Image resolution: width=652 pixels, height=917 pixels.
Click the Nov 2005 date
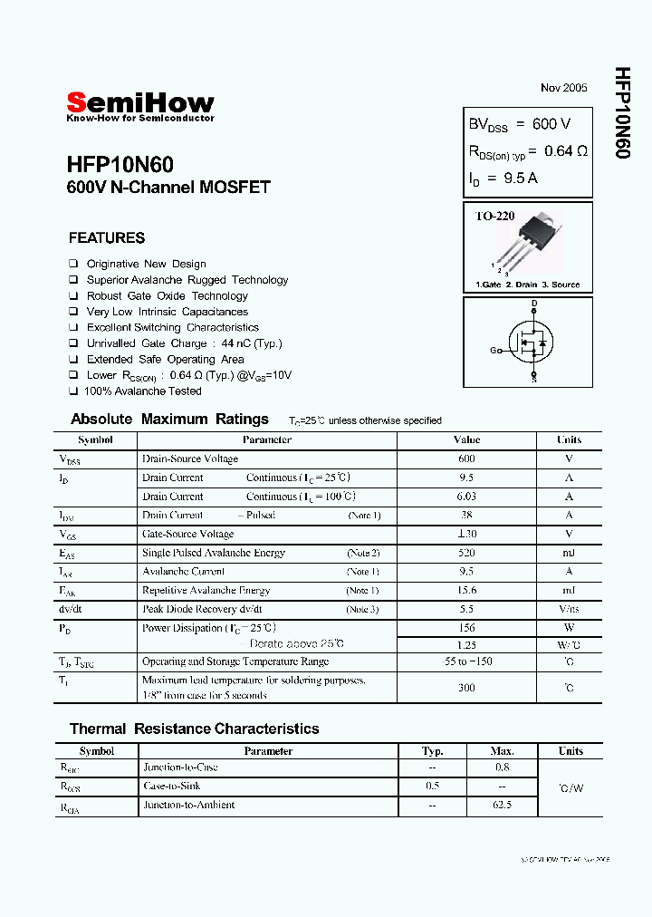pyautogui.click(x=563, y=88)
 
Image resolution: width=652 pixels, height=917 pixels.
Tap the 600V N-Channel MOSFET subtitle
pyautogui.click(x=168, y=188)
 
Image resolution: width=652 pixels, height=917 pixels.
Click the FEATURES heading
pyautogui.click(x=106, y=238)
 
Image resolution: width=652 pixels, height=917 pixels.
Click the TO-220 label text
pyautogui.click(x=495, y=217)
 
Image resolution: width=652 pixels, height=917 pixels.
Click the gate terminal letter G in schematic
pyautogui.click(x=494, y=350)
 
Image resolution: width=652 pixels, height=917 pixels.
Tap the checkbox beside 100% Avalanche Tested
pyautogui.click(x=73, y=391)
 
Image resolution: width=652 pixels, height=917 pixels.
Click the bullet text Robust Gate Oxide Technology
pyautogui.click(x=167, y=296)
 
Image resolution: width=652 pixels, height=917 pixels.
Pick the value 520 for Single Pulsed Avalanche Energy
pyautogui.click(x=466, y=553)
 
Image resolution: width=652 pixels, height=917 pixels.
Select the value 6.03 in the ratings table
pyautogui.click(x=466, y=497)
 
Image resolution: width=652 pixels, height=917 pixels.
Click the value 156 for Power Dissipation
pyautogui.click(x=466, y=628)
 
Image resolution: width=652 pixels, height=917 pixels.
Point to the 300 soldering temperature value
pyautogui.click(x=466, y=688)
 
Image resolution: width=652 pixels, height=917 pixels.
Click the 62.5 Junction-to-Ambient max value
pyautogui.click(x=503, y=805)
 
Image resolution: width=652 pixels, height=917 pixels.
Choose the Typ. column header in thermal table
pyautogui.click(x=433, y=751)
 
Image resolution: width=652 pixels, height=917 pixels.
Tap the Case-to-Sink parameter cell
pyautogui.click(x=172, y=787)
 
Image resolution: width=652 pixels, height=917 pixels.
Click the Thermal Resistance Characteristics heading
pyautogui.click(x=194, y=729)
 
